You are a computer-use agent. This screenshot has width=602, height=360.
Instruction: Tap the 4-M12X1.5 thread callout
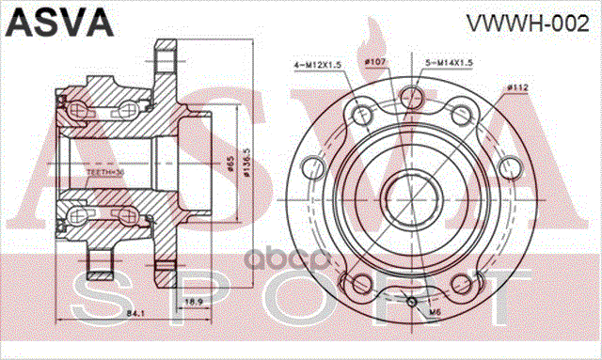[x=318, y=64]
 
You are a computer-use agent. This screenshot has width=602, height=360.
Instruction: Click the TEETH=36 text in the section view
[x=104, y=173]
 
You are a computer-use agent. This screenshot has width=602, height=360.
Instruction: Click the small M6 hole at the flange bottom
[x=413, y=302]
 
